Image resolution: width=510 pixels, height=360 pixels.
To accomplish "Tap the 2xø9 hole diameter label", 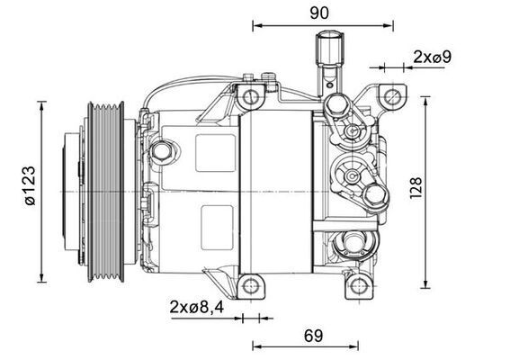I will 432,57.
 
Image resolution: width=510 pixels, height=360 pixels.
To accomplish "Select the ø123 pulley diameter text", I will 31,188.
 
